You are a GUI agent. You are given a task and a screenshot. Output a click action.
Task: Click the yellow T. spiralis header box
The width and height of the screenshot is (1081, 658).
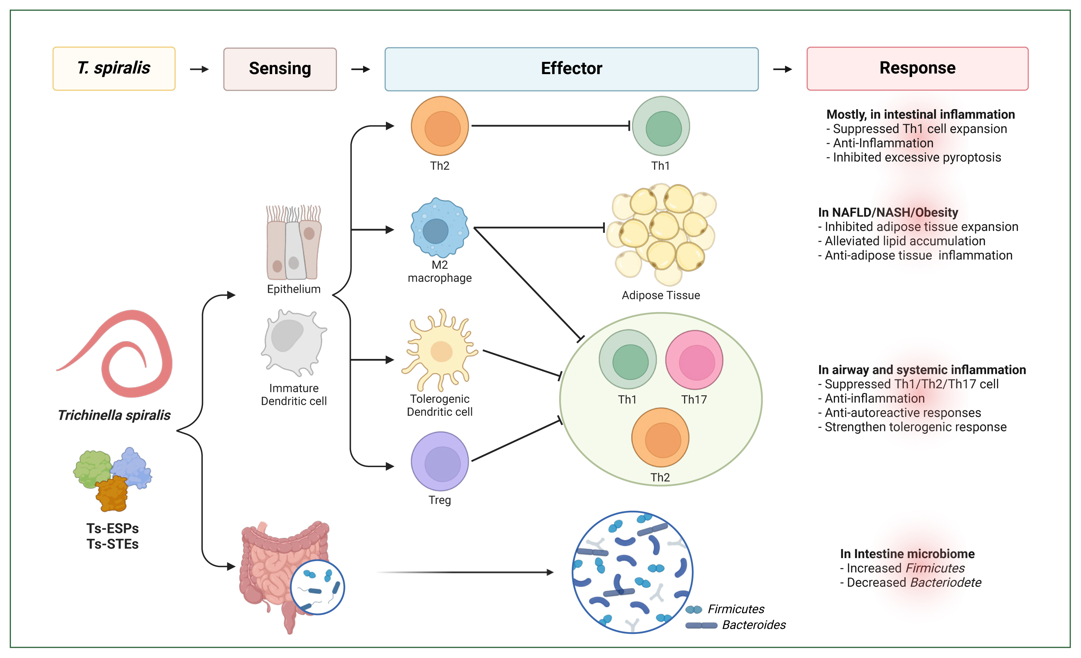[114, 68]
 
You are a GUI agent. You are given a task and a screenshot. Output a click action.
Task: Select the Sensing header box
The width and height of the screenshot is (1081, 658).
[280, 69]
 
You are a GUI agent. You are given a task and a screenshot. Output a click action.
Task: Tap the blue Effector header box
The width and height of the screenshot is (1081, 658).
[571, 69]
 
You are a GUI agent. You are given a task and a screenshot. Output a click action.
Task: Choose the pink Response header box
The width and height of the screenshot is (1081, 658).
[917, 68]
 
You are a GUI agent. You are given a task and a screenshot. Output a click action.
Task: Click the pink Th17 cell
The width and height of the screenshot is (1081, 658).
[694, 360]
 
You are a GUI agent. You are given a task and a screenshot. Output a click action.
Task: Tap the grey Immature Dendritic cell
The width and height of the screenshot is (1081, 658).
[293, 342]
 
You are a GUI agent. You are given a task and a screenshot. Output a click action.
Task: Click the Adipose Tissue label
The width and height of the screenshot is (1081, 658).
[661, 295]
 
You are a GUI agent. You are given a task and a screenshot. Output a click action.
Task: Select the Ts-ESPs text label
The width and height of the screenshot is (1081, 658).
[112, 528]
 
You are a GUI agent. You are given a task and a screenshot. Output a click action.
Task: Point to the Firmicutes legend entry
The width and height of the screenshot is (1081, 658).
[735, 609]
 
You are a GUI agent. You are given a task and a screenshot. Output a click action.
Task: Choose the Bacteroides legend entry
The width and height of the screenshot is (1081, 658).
[753, 625]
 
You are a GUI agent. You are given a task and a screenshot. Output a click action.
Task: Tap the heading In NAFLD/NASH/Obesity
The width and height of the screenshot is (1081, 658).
[888, 212]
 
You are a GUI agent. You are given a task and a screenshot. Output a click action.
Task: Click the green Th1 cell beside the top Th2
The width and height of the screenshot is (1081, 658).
[661, 126]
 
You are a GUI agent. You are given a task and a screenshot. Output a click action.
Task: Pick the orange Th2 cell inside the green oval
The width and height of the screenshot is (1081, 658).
[660, 437]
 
